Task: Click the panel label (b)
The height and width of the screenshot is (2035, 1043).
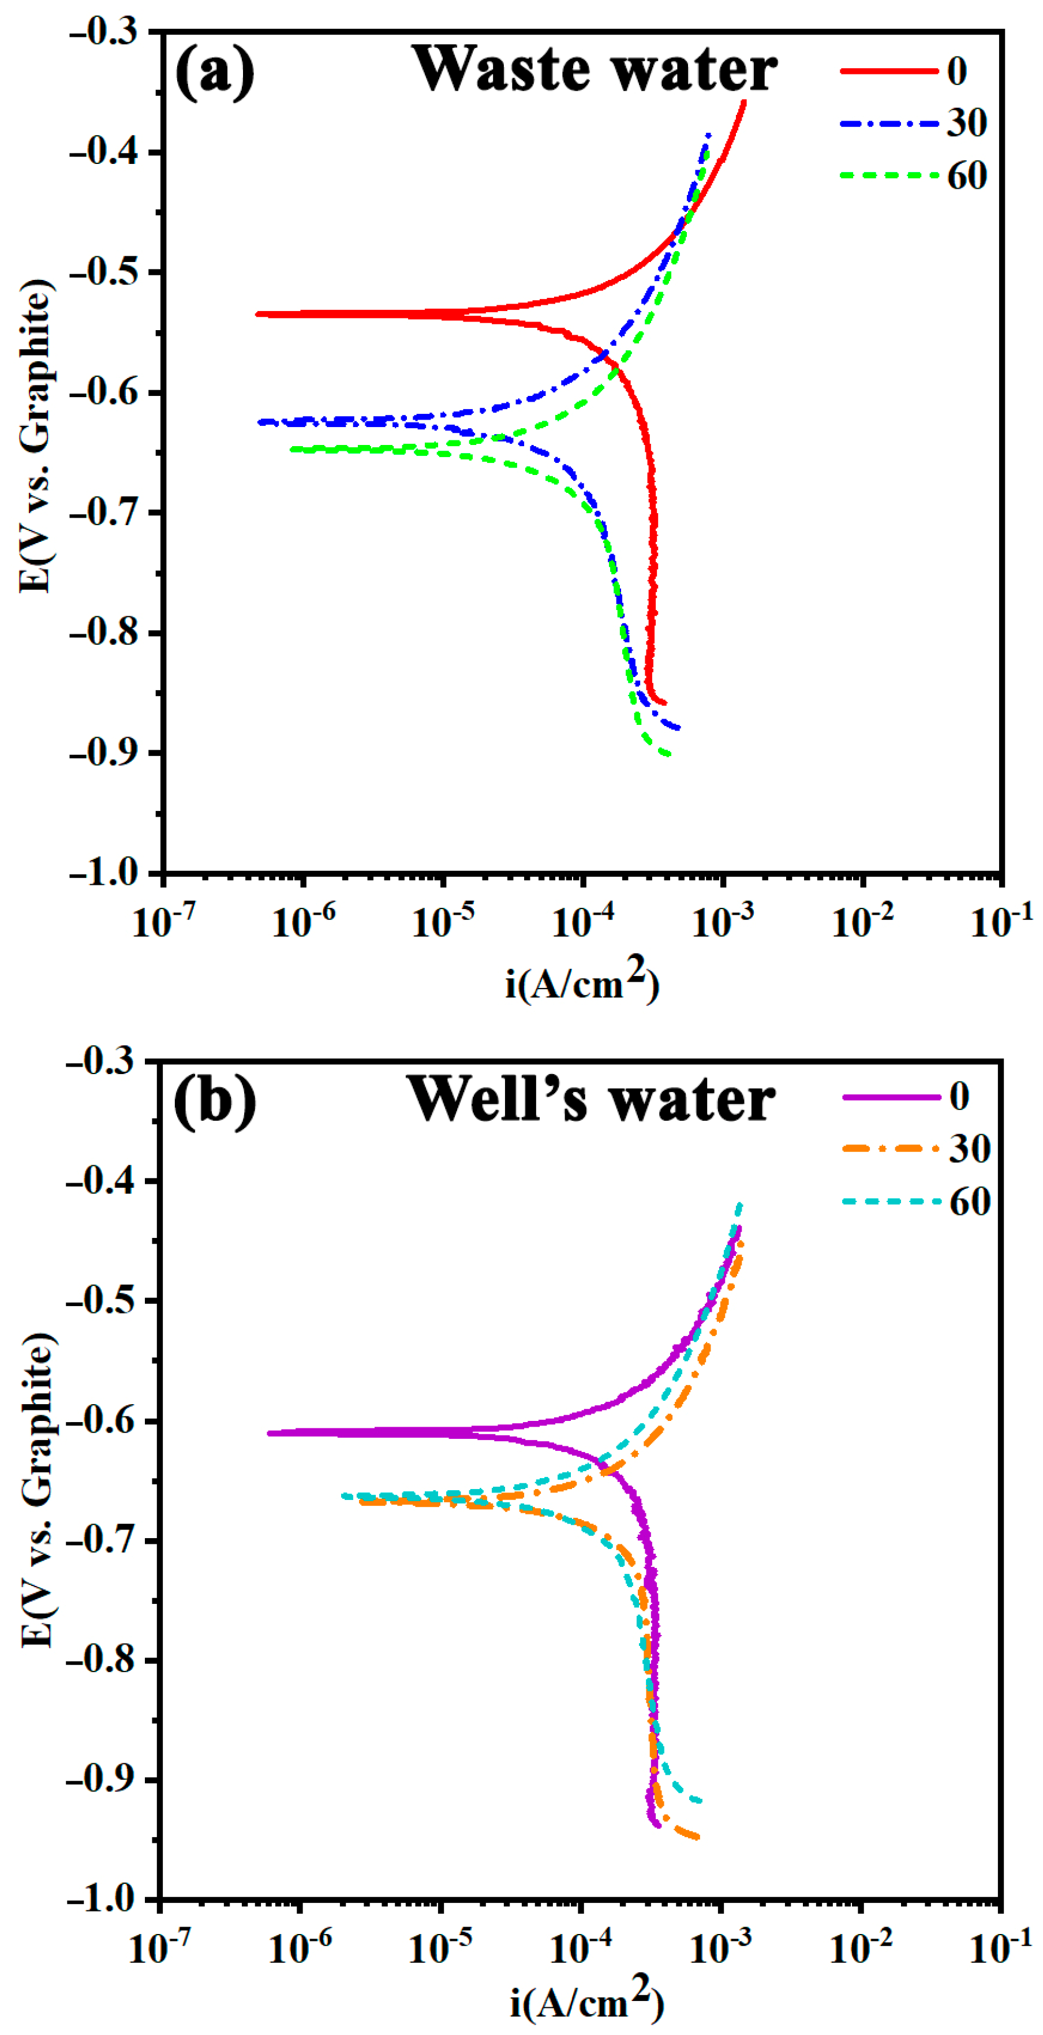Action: click(x=214, y=1101)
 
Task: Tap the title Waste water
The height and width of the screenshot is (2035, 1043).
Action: click(x=594, y=69)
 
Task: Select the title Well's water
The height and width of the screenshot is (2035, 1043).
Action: click(x=590, y=1099)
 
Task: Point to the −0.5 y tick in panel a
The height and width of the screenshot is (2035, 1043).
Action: click(x=103, y=272)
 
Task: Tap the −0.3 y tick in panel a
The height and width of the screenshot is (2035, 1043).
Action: click(x=103, y=32)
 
